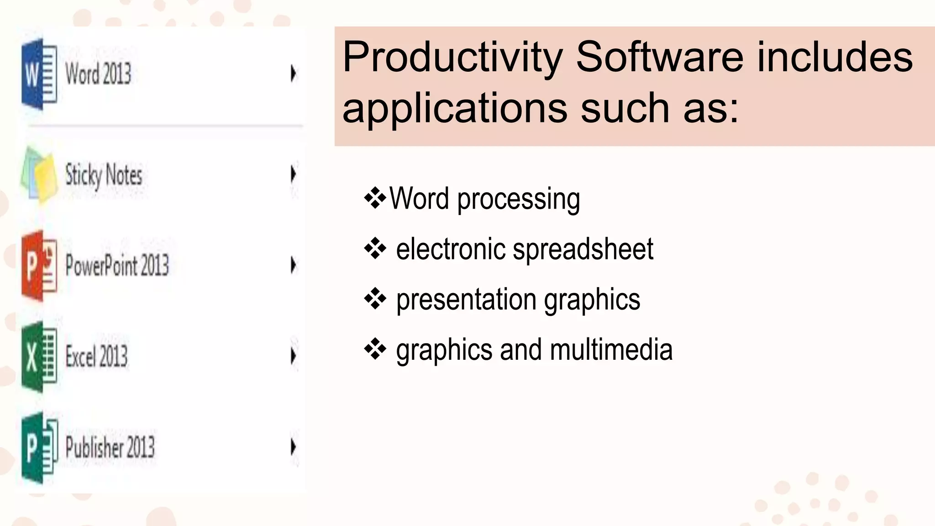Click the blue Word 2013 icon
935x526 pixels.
[x=39, y=74]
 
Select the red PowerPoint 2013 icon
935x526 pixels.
[x=39, y=266]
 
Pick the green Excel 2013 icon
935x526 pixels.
[x=39, y=357]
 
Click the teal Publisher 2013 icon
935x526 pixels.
[x=39, y=447]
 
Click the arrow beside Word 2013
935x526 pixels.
[x=293, y=74]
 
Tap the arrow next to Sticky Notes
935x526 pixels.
[x=293, y=174]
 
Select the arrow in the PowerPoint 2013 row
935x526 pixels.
[x=293, y=265]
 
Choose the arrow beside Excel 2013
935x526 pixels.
[x=293, y=356]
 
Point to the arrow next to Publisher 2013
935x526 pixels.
[x=293, y=447]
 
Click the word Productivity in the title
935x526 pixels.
[x=452, y=58]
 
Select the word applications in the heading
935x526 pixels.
[x=454, y=109]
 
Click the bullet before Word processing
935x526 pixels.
[x=375, y=199]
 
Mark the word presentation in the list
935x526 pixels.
[x=466, y=300]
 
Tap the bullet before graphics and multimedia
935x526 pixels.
[x=375, y=350]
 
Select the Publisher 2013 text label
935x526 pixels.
[x=110, y=447]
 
